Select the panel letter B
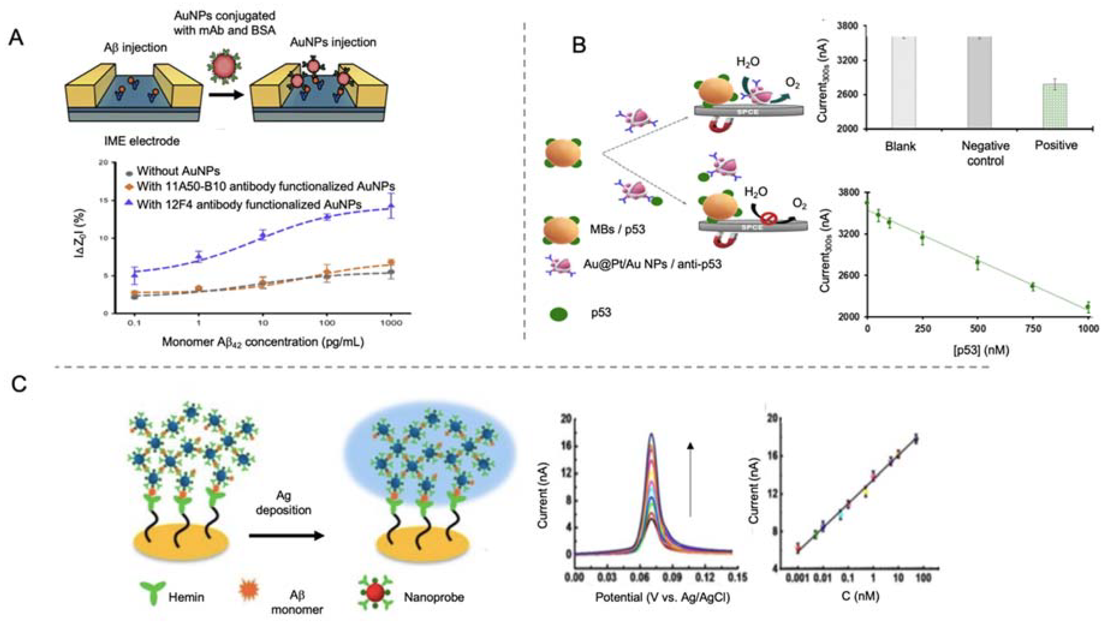pyautogui.click(x=579, y=45)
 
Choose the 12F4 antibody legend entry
pyautogui.click(x=249, y=204)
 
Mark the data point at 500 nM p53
pyautogui.click(x=978, y=262)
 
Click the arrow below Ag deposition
pyautogui.click(x=286, y=535)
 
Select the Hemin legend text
pyautogui.click(x=186, y=597)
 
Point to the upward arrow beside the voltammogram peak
pyautogui.click(x=690, y=478)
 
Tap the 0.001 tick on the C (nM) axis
pyautogui.click(x=798, y=577)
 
